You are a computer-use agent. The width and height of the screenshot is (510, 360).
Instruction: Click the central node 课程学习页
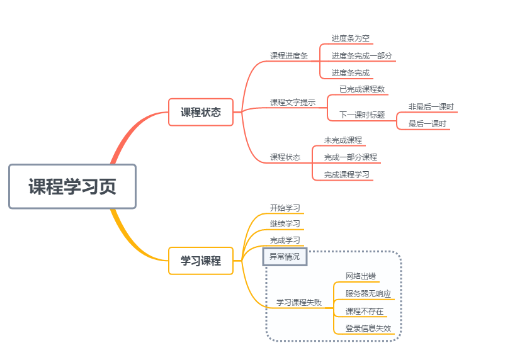(x=72, y=186)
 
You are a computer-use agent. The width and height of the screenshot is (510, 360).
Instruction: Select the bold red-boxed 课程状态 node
(x=201, y=112)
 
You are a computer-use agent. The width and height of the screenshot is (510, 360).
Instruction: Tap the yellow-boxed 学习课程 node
(x=201, y=261)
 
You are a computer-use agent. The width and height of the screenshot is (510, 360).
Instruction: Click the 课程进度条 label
(x=289, y=55)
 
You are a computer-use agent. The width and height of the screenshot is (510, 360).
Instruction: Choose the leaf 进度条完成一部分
(x=362, y=55)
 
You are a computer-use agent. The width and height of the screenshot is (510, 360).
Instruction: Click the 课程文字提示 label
(x=293, y=102)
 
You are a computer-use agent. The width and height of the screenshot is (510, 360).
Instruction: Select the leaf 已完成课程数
(x=362, y=89)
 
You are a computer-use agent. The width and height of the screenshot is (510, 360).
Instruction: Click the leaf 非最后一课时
(x=431, y=106)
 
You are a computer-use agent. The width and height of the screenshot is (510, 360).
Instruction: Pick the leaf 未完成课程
(x=343, y=140)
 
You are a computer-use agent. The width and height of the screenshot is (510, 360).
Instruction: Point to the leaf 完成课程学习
(x=347, y=174)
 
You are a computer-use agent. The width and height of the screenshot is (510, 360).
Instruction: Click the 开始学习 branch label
(x=285, y=208)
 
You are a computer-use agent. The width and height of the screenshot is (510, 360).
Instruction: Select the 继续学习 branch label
(x=285, y=223)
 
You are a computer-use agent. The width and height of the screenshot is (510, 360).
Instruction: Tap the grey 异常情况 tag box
(x=285, y=256)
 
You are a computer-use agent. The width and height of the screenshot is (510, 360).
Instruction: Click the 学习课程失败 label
(x=299, y=302)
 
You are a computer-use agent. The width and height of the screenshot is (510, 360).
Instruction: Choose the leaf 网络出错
(x=361, y=276)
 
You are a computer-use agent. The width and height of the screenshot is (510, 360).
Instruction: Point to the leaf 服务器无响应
(x=368, y=293)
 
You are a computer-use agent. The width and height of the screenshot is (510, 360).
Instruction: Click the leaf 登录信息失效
(x=368, y=328)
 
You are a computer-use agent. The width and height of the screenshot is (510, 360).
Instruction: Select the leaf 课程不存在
(x=365, y=311)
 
